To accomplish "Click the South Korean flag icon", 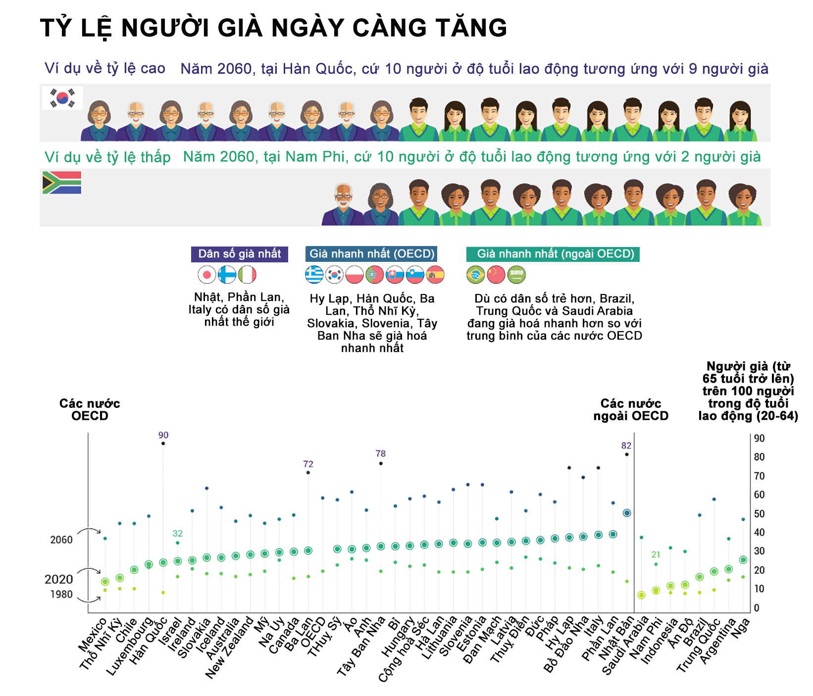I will pyautogui.click(x=62, y=98).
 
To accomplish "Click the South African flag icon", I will pyautogui.click(x=62, y=183).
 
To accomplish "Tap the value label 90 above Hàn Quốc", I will pyautogui.click(x=163, y=435).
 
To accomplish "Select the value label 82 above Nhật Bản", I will pyautogui.click(x=626, y=446).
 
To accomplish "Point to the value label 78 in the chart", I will pyautogui.click(x=380, y=453).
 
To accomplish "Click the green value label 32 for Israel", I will pyautogui.click(x=177, y=534).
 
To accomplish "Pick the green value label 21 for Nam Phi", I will pyautogui.click(x=656, y=555).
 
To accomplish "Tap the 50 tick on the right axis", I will pyautogui.click(x=759, y=514).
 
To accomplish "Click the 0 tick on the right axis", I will pyautogui.click(x=756, y=608).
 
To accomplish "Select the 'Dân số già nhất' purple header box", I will pyautogui.click(x=240, y=254).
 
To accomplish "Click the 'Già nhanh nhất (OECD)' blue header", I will pyautogui.click(x=371, y=254).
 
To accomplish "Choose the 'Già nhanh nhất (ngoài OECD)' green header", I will pyautogui.click(x=553, y=254).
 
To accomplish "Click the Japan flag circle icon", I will pyautogui.click(x=206, y=275).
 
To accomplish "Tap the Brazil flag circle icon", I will pyautogui.click(x=475, y=275).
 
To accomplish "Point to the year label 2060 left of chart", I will pyautogui.click(x=61, y=540).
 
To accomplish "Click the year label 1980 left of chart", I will pyautogui.click(x=61, y=594).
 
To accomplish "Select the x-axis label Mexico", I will pyautogui.click(x=93, y=636).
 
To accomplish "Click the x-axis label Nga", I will pyautogui.click(x=741, y=628).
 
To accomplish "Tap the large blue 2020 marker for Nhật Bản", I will pyautogui.click(x=626, y=513).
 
